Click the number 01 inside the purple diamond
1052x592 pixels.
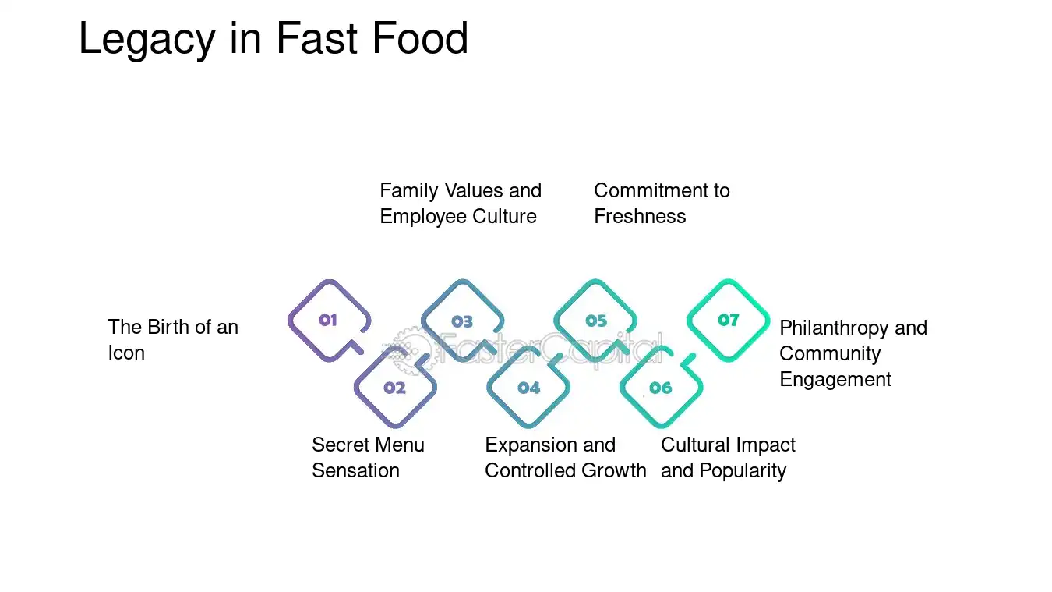[x=328, y=321]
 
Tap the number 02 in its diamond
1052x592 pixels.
[x=394, y=388]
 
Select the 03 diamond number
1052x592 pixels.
[x=462, y=321]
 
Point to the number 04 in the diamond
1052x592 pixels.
[x=529, y=388]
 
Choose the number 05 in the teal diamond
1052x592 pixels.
[x=596, y=321]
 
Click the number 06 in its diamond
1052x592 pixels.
[x=661, y=388]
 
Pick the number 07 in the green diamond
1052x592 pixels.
[x=729, y=321]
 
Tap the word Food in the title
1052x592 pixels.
[x=420, y=38]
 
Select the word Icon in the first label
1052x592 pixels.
[x=126, y=353]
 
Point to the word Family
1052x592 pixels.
[x=409, y=191]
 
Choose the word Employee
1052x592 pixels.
[x=422, y=217]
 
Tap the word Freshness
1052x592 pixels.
[x=640, y=217]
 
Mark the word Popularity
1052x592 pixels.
[x=743, y=471]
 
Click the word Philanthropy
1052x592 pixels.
[x=834, y=328]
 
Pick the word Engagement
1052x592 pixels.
[x=835, y=380]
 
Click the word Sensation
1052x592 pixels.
[x=355, y=470]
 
